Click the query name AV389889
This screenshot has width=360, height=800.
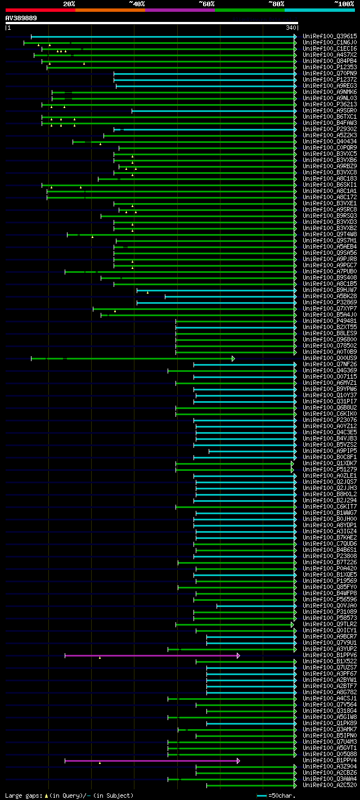coord(21,17)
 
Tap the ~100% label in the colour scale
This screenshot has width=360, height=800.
coord(344,3)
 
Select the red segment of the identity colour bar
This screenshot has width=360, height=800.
coord(40,10)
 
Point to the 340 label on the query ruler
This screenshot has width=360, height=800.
coord(291,28)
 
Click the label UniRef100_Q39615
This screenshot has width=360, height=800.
coord(329,36)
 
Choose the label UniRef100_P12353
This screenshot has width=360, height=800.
coord(329,67)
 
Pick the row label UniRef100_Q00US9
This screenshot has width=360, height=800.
coord(329,358)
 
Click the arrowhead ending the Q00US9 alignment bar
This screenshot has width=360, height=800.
coord(233,358)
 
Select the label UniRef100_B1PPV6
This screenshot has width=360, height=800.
coord(329,655)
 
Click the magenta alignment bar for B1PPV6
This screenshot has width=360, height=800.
coord(152,655)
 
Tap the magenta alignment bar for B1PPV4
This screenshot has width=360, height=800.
coord(152,761)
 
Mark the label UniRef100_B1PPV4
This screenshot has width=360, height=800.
coord(329,760)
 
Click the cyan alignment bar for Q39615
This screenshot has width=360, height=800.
coord(163,37)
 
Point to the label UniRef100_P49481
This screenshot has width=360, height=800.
coord(329,321)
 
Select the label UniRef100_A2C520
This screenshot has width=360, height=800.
coord(329,785)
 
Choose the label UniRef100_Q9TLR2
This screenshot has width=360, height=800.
coord(329,624)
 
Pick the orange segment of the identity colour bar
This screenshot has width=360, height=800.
coord(110,10)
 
